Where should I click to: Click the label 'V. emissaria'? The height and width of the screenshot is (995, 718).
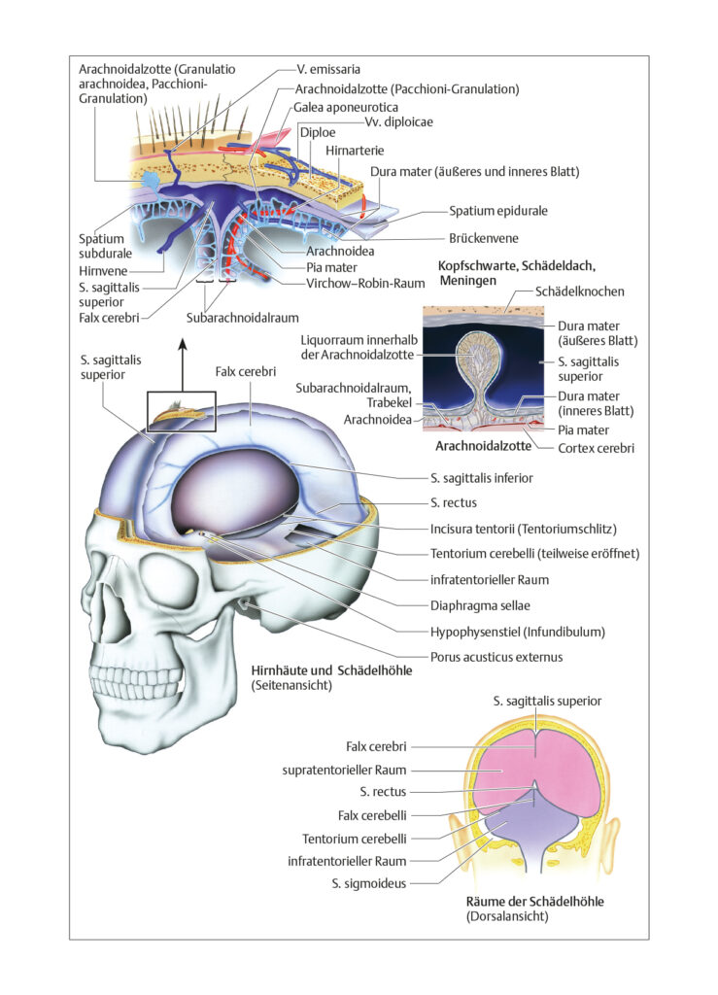pos(328,69)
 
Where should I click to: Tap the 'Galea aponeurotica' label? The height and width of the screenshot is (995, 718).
pos(346,107)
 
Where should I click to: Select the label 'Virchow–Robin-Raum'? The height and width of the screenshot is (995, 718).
pos(365,283)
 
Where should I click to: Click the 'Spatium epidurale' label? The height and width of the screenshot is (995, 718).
pos(497,211)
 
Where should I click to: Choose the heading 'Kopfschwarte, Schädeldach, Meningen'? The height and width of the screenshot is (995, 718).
pos(516,273)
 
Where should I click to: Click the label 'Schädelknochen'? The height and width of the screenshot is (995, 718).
pos(580,292)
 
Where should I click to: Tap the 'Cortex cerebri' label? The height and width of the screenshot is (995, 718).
pos(596,448)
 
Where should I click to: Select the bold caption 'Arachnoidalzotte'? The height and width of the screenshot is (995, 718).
pos(483,445)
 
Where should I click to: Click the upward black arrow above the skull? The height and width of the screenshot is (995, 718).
pos(183,364)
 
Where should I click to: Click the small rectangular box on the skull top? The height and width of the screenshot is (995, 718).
pos(182,411)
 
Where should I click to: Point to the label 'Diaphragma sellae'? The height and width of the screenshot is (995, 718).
pos(480,605)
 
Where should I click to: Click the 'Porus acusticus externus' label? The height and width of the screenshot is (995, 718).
pos(496,657)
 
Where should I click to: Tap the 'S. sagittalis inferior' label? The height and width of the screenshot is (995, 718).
pos(481,478)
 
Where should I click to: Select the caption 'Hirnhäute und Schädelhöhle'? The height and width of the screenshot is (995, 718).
pos(331,670)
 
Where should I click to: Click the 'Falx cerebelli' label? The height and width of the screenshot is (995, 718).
pos(372,815)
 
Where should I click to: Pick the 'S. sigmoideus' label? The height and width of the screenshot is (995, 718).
pos(368,883)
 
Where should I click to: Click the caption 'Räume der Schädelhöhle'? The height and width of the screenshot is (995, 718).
pos(534,901)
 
